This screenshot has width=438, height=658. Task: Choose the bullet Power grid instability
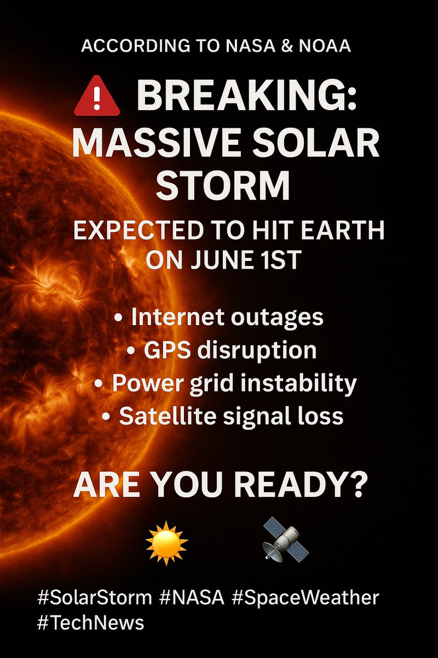[226, 383]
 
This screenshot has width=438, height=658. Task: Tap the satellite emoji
[282, 542]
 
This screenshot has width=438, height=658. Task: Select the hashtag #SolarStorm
[94, 597]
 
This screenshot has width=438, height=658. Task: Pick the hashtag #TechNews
[91, 623]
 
